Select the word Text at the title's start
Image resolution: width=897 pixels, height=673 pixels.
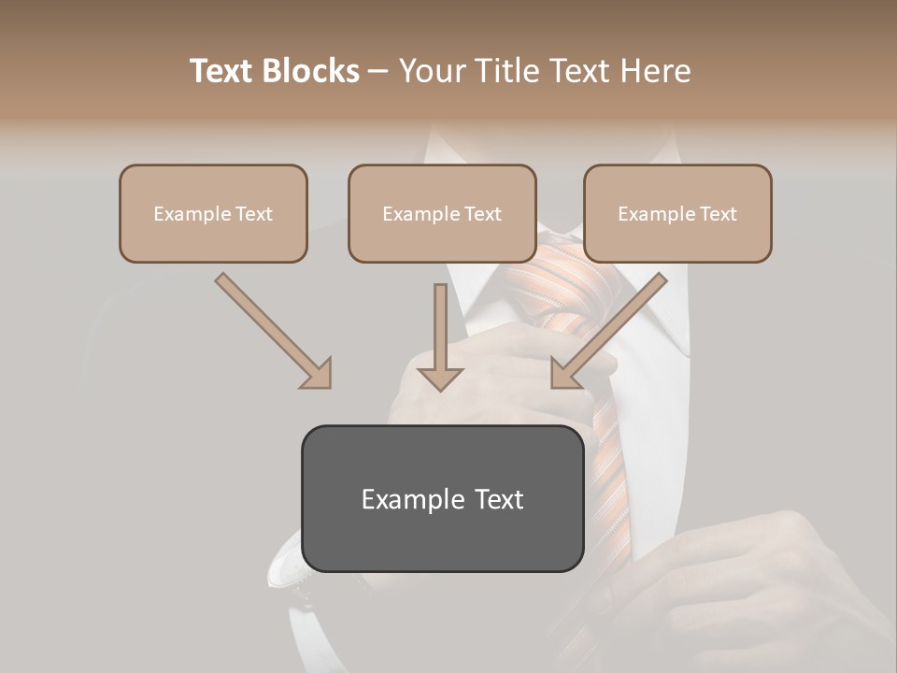click(222, 71)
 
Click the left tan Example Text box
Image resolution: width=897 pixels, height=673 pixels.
click(213, 213)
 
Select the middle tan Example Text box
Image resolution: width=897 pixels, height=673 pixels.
click(442, 213)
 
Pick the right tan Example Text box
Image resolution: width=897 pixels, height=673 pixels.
click(677, 213)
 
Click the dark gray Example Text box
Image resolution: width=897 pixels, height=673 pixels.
click(442, 498)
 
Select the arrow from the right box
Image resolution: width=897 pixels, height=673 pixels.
click(612, 327)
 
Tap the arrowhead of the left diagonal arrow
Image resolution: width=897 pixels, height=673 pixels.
click(318, 374)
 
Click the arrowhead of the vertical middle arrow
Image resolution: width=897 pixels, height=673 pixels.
click(440, 378)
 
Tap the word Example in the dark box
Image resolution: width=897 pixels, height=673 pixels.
click(401, 498)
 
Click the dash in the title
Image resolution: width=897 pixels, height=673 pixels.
click(378, 71)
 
